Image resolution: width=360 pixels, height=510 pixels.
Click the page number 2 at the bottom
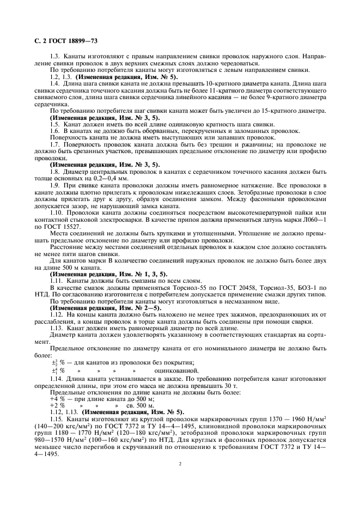(x=180, y=464)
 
